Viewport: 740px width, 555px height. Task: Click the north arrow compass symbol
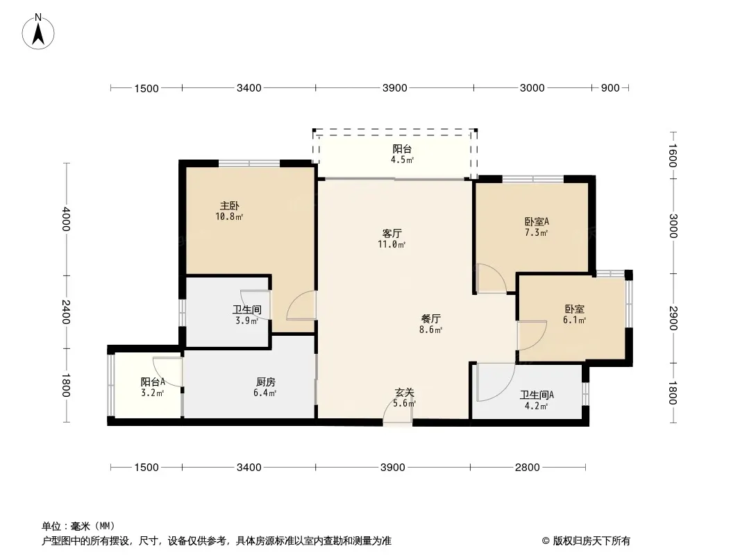tap(38, 32)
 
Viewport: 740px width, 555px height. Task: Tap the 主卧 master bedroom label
tap(229, 205)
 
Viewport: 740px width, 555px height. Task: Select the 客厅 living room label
tap(392, 233)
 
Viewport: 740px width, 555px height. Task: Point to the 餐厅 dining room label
tap(431, 318)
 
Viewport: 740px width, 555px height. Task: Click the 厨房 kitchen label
tap(266, 382)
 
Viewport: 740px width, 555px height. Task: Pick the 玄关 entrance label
tap(405, 393)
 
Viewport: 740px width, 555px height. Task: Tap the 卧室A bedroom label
tap(537, 221)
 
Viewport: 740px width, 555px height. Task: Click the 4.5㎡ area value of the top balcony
tap(402, 160)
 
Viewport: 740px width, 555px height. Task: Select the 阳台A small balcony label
tap(153, 382)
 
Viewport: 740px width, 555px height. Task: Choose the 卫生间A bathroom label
tap(537, 395)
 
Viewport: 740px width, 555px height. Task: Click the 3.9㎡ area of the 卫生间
tap(247, 321)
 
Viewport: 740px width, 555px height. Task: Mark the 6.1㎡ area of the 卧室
tap(574, 321)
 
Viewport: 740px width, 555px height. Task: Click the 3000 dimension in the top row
tap(532, 87)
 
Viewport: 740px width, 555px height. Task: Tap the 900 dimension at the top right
tap(610, 87)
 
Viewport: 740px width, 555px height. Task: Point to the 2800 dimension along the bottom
tap(527, 468)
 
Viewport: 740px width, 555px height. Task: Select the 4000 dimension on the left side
tap(65, 219)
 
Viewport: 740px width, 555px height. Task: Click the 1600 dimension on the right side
tap(673, 155)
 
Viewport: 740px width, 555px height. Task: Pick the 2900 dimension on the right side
tap(673, 318)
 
